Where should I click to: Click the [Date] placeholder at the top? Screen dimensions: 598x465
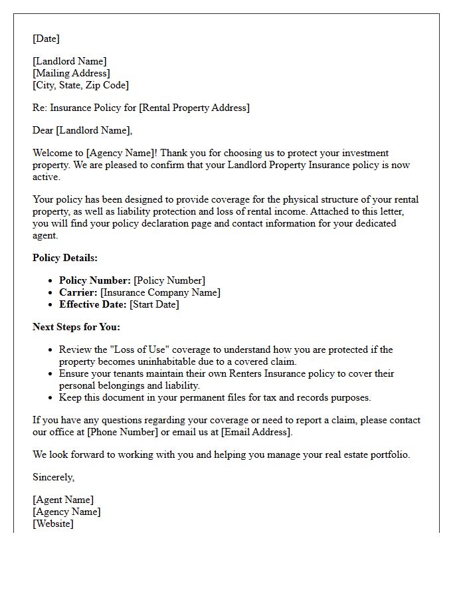tap(46, 39)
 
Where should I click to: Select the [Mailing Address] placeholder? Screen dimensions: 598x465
tap(71, 73)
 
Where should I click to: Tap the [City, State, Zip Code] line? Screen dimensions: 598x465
tap(80, 85)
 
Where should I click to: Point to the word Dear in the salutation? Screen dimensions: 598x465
tap(43, 130)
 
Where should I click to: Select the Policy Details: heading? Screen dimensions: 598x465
tap(65, 258)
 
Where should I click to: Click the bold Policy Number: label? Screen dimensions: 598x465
tap(95, 280)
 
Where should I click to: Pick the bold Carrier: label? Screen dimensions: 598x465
tap(78, 292)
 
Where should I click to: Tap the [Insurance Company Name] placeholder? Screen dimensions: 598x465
tap(160, 292)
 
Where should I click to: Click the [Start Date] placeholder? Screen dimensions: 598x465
tap(154, 304)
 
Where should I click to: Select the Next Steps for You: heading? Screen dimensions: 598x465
tap(76, 327)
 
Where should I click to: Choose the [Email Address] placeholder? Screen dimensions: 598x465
tap(256, 432)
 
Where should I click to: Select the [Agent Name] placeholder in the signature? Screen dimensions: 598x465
tap(63, 500)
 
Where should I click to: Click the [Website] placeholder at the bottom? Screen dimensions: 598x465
tap(53, 524)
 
